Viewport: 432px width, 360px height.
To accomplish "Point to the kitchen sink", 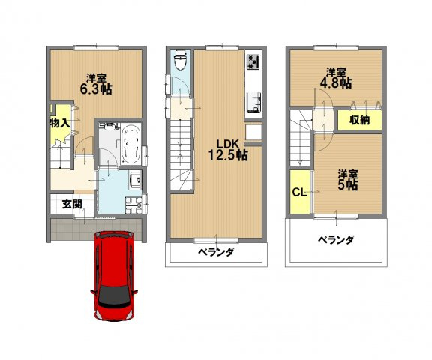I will click(x=253, y=100).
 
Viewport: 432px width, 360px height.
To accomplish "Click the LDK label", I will click(x=227, y=144).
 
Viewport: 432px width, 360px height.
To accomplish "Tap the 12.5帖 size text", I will click(x=227, y=157).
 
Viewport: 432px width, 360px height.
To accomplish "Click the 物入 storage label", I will click(x=60, y=122).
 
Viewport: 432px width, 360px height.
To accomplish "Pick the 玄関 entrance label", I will click(x=72, y=203).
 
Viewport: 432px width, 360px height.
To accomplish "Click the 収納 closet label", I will click(x=358, y=121).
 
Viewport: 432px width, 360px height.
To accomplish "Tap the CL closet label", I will click(x=298, y=192).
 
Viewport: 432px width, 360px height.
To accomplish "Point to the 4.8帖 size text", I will click(x=335, y=84).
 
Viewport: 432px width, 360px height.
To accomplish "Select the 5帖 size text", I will click(x=346, y=184).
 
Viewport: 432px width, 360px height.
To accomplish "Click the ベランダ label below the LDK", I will click(x=216, y=252).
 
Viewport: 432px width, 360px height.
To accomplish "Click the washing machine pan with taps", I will click(x=134, y=205).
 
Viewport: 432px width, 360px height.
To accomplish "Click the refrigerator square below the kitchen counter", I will click(x=253, y=133).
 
